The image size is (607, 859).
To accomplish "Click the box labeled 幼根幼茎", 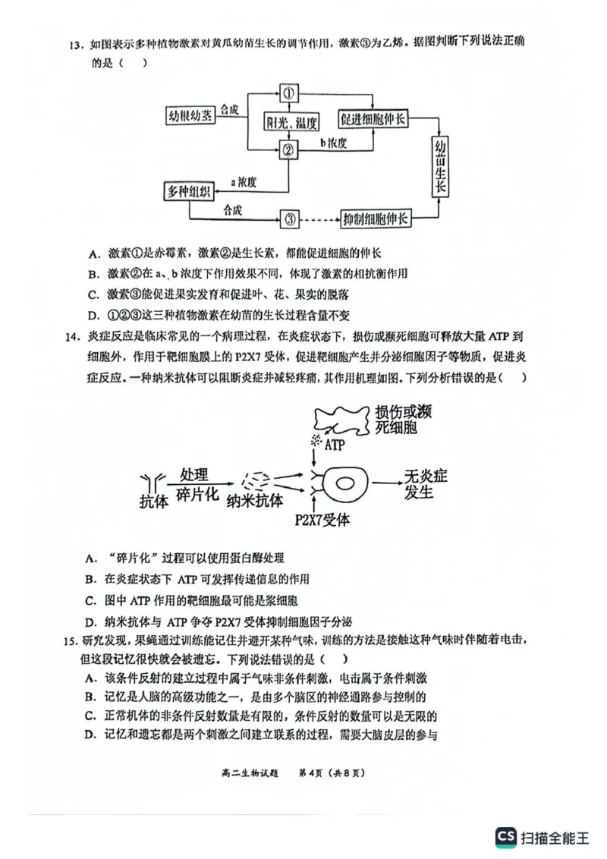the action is coord(190,116).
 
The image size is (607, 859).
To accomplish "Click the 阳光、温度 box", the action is coord(290,121).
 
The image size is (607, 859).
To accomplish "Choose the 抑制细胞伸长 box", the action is coord(376,220).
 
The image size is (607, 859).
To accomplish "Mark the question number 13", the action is coord(74,44).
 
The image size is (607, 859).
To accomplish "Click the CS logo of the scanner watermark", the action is coord(505,836).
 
